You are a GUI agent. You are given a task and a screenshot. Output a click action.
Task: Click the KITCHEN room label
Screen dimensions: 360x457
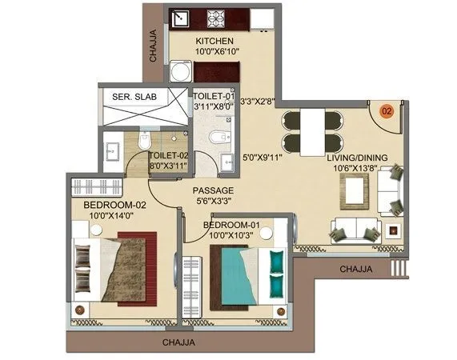pyautogui.click(x=214, y=40)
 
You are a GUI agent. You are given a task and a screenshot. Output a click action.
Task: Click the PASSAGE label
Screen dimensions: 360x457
pyautogui.click(x=213, y=190)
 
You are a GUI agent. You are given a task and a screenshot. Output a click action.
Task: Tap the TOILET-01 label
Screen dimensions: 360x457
pyautogui.click(x=214, y=96)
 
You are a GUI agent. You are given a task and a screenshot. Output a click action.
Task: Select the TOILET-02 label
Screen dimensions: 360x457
pyautogui.click(x=170, y=155)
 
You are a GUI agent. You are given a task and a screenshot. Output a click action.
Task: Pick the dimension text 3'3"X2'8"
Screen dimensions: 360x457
pyautogui.click(x=259, y=102)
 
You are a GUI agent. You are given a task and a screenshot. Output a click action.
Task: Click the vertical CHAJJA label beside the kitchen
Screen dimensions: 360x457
pyautogui.click(x=153, y=46)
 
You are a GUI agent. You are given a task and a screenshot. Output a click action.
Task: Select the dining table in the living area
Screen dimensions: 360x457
pyautogui.click(x=311, y=130)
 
